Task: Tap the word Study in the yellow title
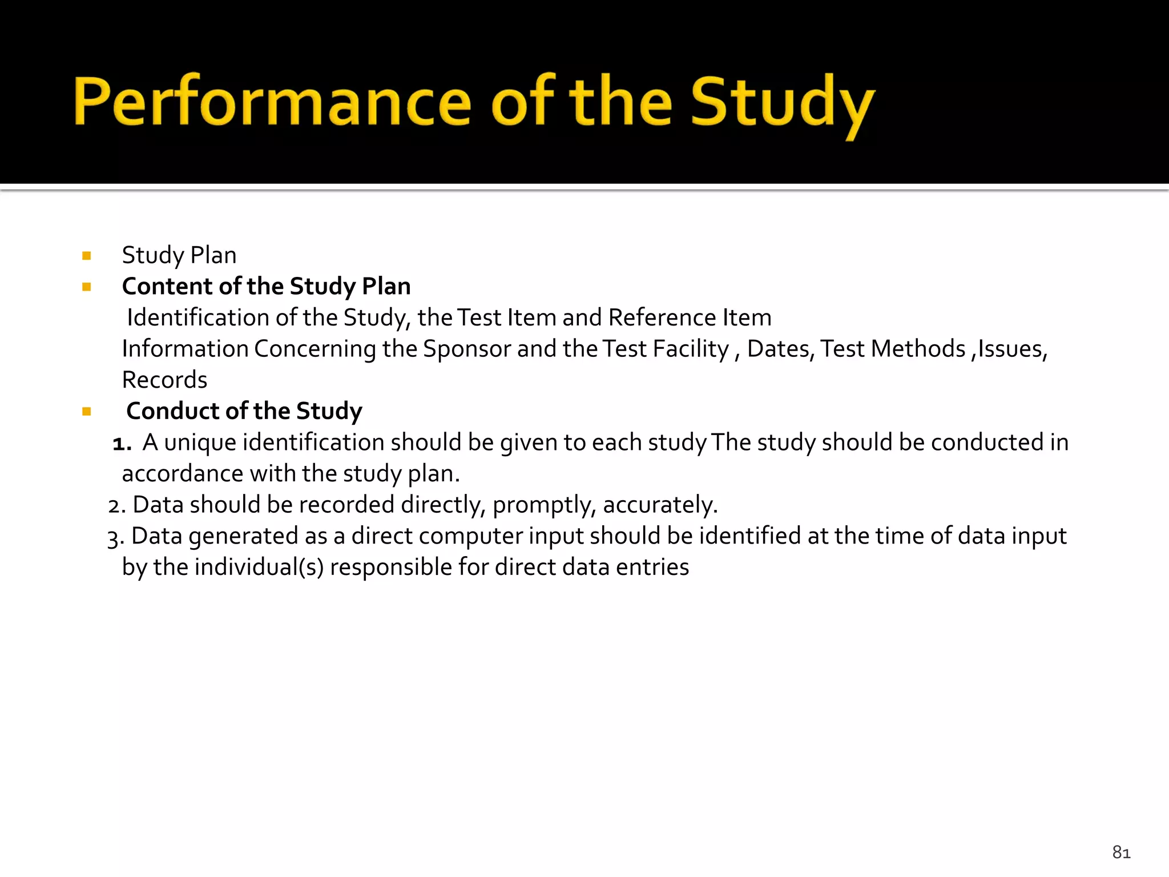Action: click(782, 103)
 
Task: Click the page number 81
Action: click(1121, 852)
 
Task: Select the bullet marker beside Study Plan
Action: click(87, 256)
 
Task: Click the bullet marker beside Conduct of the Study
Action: click(87, 412)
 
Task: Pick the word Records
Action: click(164, 380)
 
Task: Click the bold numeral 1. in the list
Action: click(122, 443)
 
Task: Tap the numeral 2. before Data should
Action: click(116, 506)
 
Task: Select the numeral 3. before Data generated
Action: click(115, 537)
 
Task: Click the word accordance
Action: click(182, 474)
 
